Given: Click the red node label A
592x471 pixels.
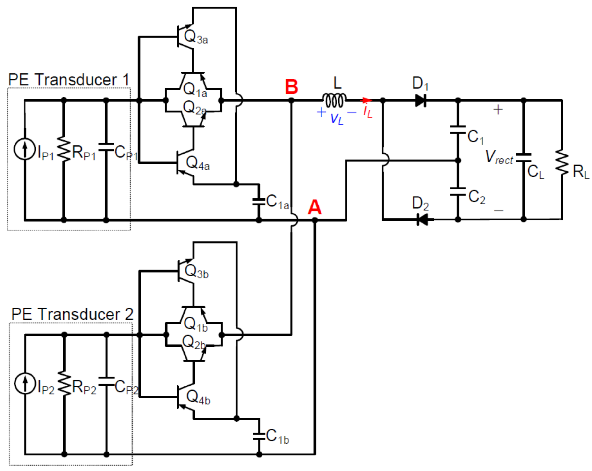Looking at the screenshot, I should point(314,207).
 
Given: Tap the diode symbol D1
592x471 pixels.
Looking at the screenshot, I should point(420,101).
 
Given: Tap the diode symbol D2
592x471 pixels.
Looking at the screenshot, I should point(423,219).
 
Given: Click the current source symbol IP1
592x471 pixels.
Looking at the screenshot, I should point(25,149).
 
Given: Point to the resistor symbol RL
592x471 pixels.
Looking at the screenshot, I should point(562,162).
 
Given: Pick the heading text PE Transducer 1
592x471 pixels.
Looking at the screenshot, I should point(69,80).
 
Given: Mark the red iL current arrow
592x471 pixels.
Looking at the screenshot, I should point(367,100).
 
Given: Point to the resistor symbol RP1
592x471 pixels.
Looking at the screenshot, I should point(64,149).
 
